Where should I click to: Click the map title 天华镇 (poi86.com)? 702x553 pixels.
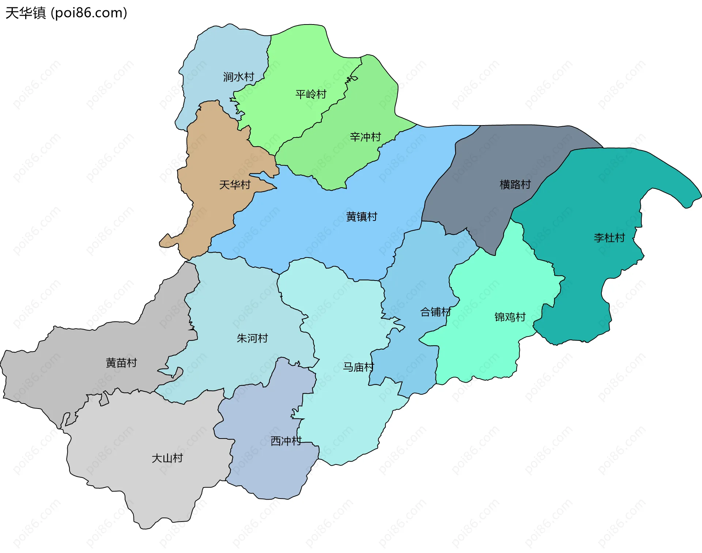click(66, 13)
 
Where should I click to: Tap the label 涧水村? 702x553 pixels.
click(238, 77)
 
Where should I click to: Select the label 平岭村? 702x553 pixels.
click(311, 94)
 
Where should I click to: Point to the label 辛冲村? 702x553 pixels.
click(365, 137)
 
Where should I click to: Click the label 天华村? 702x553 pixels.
click(235, 185)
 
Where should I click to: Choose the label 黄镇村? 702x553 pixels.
click(361, 217)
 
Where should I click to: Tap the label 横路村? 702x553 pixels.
click(515, 184)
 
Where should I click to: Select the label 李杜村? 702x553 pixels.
click(609, 238)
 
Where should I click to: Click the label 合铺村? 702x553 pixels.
click(435, 312)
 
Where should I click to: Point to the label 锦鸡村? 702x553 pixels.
click(510, 317)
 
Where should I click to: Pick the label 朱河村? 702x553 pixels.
click(252, 338)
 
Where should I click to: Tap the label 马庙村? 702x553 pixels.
click(358, 367)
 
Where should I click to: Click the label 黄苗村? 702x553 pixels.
click(121, 363)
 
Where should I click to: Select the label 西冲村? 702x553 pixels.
click(286, 441)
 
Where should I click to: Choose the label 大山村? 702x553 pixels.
click(167, 458)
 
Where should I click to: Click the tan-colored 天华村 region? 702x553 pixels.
click(216, 154)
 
